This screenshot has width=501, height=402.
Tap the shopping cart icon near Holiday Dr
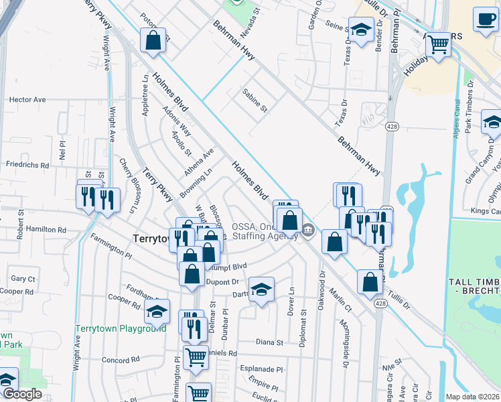438,45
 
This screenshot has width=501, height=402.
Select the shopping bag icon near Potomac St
153,40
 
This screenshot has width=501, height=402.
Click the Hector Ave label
27,100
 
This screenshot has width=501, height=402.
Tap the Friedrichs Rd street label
27,165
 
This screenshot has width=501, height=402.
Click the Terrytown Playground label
121,328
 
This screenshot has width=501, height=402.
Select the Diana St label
270,342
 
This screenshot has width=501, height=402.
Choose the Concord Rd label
121,360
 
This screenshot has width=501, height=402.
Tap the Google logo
22,393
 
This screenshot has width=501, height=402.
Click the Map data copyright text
473,397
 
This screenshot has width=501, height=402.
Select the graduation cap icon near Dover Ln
262,289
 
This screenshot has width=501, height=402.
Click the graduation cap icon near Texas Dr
361,29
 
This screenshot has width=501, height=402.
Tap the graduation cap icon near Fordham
157,311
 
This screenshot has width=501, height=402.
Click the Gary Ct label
23,279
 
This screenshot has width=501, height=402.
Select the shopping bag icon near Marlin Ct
370,281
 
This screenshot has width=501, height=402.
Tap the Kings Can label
485,212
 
